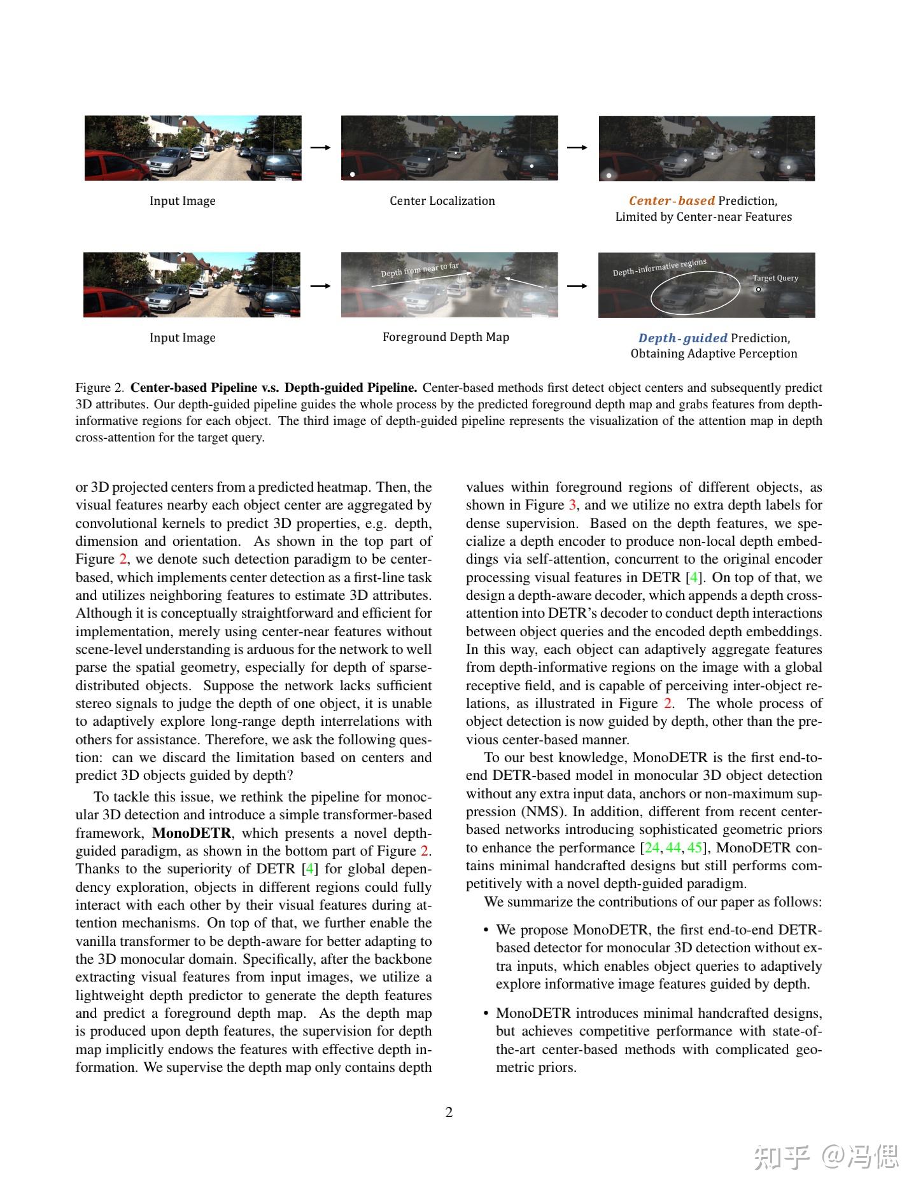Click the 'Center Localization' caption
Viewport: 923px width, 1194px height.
[x=442, y=201]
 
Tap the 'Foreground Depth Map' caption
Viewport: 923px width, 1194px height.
[x=446, y=337]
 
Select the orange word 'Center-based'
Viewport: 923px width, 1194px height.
[x=672, y=201]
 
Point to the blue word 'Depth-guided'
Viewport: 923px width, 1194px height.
[x=682, y=338]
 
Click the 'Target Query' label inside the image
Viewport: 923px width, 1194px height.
[x=775, y=278]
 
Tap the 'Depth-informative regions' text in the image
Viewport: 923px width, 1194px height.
[x=659, y=268]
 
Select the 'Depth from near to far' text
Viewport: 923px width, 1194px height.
[x=419, y=270]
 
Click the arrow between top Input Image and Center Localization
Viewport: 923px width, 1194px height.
[x=321, y=148]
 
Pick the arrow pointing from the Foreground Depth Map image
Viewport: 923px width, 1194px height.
[x=577, y=286]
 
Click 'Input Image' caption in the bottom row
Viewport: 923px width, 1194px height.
[x=182, y=338]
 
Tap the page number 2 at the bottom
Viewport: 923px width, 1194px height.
[x=449, y=1112]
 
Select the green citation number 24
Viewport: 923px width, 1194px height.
[x=652, y=848]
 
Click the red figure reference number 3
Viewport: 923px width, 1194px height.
[x=572, y=505]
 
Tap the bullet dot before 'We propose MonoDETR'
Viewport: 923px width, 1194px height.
[x=486, y=931]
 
